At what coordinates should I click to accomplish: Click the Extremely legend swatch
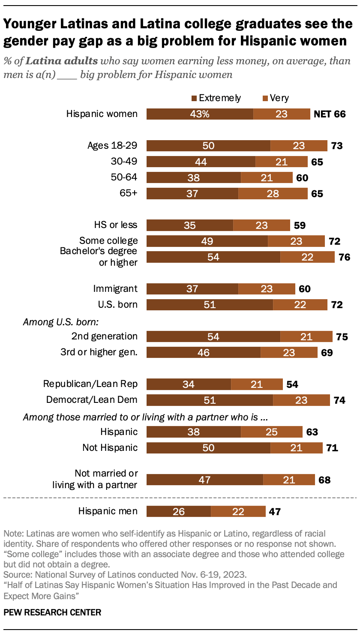coord(194,99)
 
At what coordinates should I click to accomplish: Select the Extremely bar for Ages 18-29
coord(208,146)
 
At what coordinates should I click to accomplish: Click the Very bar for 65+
coord(273,194)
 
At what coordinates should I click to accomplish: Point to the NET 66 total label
coord(330,114)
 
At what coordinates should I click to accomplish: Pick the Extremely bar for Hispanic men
coord(179,511)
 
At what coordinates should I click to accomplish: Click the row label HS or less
coord(116,225)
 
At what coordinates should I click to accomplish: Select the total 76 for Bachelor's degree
coord(344,257)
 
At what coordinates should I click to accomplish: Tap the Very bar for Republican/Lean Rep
coord(257,384)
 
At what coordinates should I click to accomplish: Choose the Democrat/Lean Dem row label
coord(92,400)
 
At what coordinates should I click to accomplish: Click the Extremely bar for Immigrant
coord(192,289)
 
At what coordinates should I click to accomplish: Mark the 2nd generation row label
coord(105,336)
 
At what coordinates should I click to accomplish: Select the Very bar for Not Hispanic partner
coord(296,448)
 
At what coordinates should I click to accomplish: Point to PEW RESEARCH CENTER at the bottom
coord(52,612)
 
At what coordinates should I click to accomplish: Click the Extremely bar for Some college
coord(207,241)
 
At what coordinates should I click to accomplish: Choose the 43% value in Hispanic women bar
coord(200,114)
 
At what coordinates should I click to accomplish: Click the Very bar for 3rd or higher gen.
coord(290,353)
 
